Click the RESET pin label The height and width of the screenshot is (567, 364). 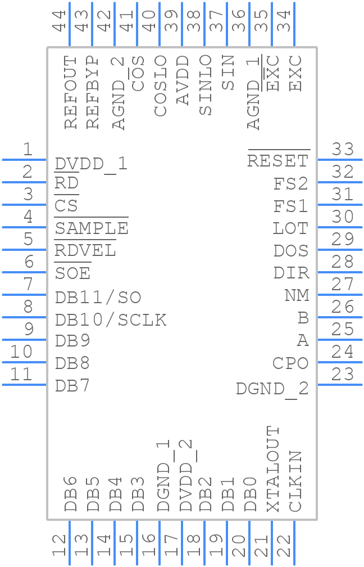pos(278,161)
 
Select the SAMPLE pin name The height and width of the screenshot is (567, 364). pos(91,228)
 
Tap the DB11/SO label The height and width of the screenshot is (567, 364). pos(98,297)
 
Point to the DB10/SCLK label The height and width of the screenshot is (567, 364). pos(111,319)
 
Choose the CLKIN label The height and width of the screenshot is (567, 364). pos(295,481)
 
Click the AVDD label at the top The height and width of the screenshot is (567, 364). pos(183,80)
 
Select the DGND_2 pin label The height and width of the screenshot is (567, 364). pos(272,388)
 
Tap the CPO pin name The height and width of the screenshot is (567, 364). pos(290,363)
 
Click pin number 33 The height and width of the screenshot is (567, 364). pos(343,150)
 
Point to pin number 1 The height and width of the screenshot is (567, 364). pos(28,150)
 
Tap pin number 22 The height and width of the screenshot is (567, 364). pos(285,546)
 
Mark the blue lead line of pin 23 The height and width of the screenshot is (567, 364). pos(340,385)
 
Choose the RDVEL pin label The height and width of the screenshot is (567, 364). pos(85,251)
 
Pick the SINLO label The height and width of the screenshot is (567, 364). pos(205,85)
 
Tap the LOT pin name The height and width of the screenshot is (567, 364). pos(290,228)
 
